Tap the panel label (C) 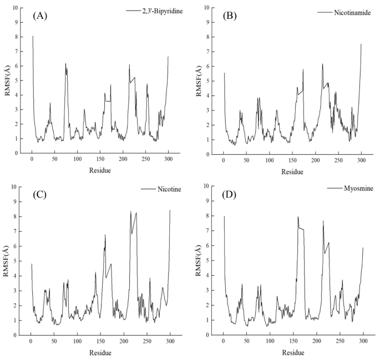[x=40, y=195]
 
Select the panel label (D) [x=231, y=195]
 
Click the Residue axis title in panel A [x=100, y=170]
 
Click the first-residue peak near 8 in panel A [x=33, y=36]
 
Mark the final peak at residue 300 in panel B [x=361, y=44]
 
